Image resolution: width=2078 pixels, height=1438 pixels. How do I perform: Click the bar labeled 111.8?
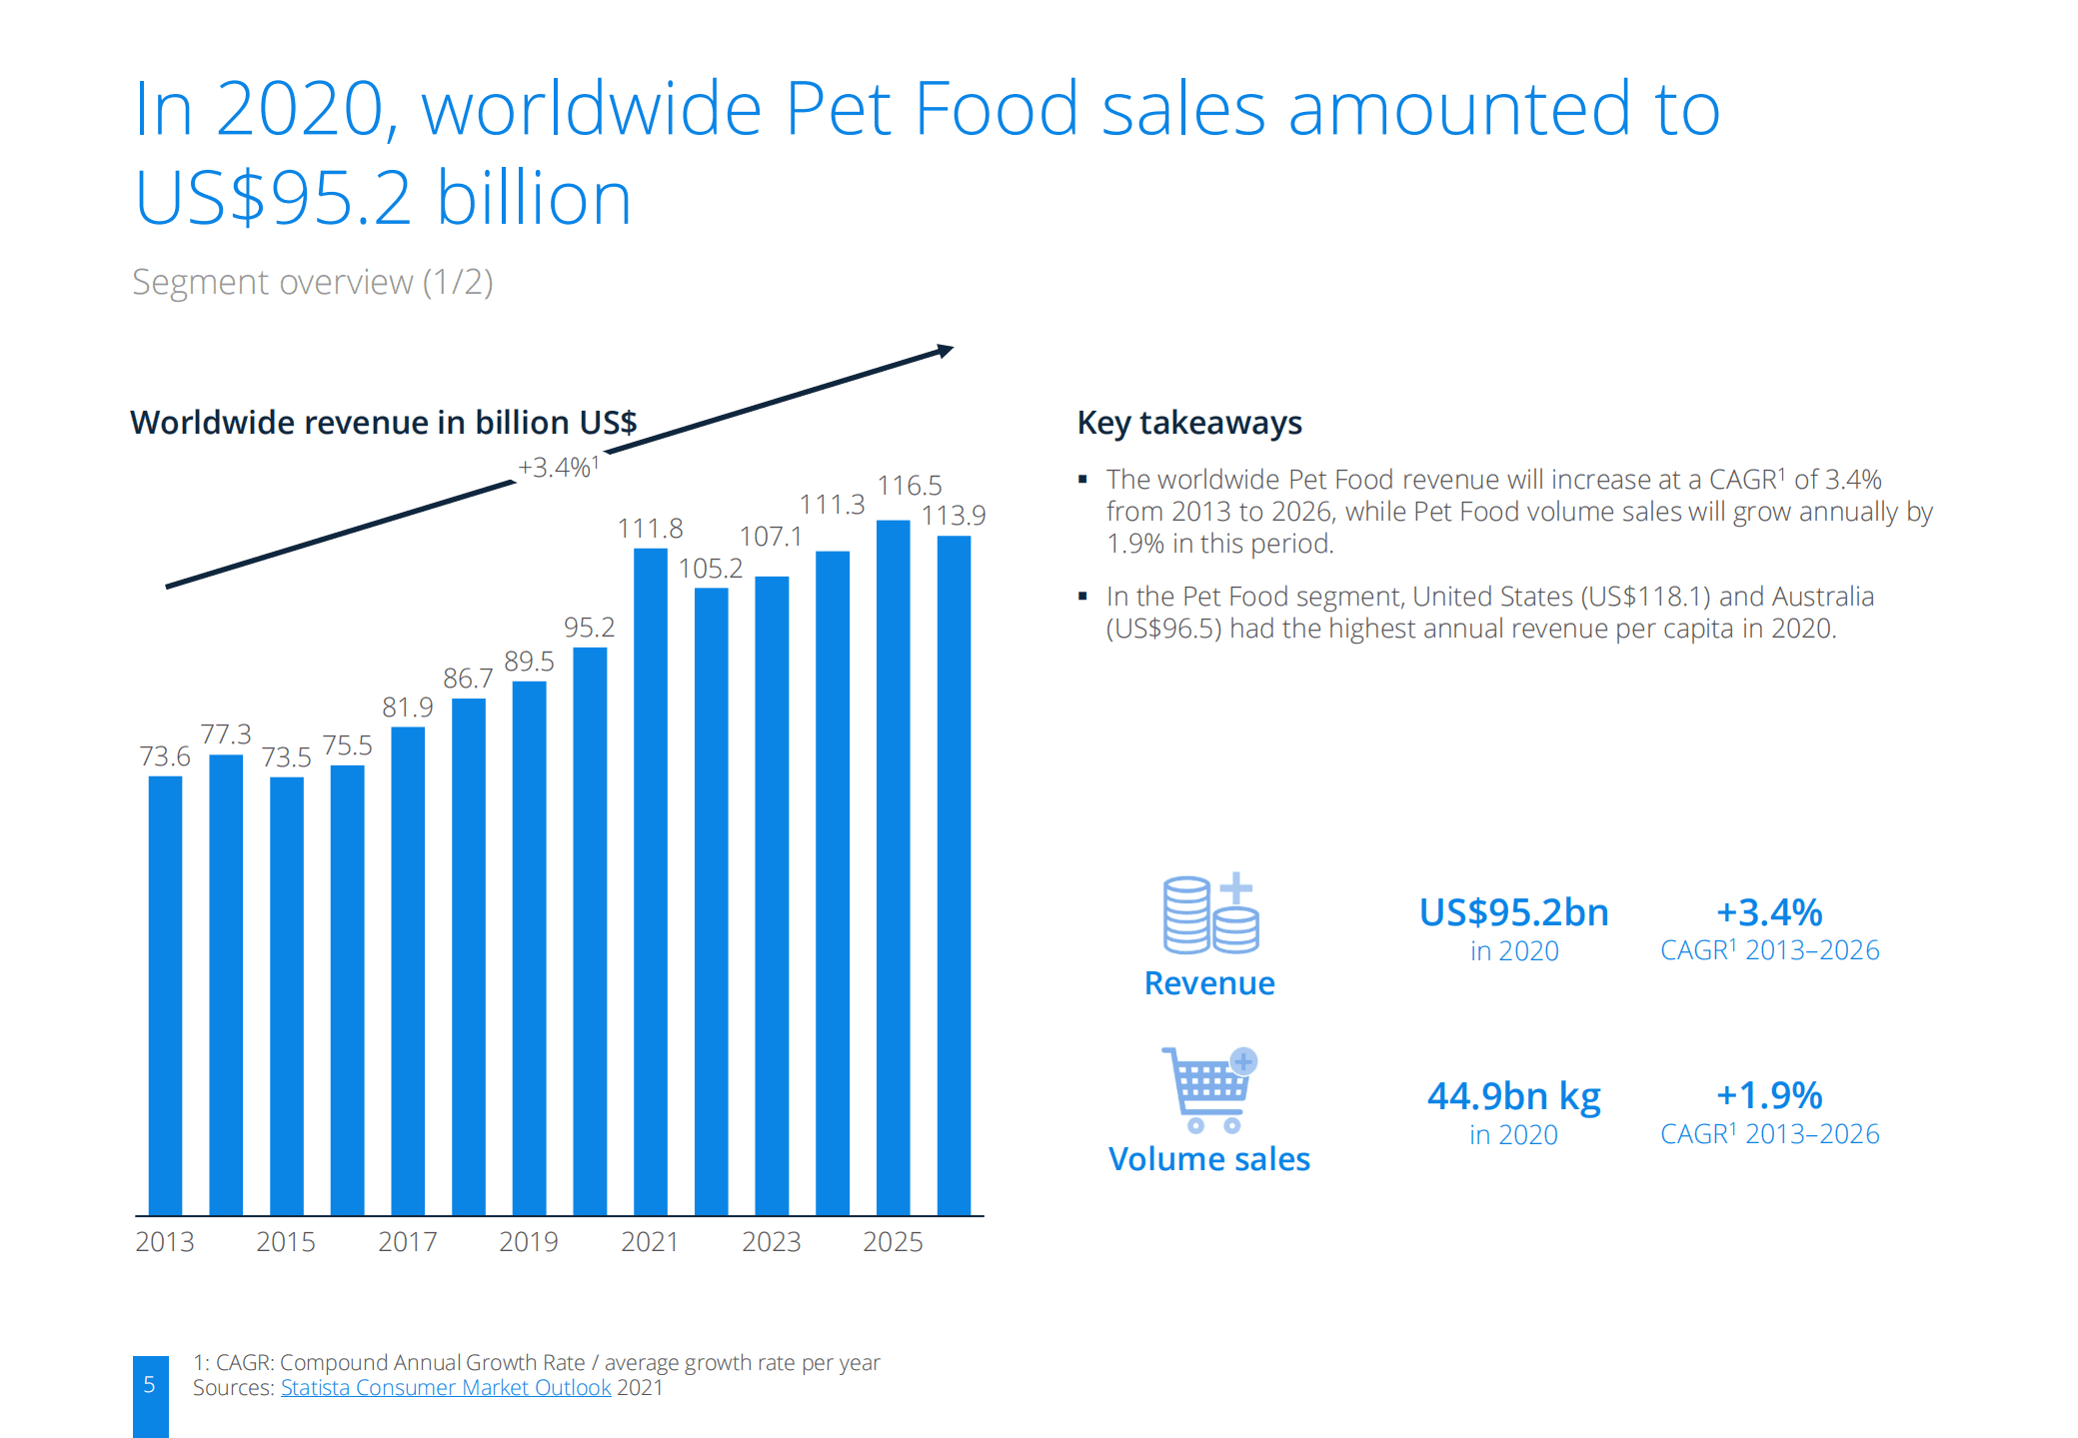coord(650,879)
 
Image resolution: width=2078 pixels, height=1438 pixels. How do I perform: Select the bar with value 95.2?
coord(590,929)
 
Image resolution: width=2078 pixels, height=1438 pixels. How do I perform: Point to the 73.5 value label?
coord(286,757)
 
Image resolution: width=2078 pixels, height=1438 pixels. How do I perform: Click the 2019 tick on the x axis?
coord(528,1241)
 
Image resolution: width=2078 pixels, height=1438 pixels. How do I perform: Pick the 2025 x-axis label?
coord(893,1241)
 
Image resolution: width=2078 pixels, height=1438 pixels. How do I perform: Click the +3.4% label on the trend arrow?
coord(558,467)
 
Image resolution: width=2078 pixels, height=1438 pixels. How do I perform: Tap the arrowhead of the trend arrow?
coord(945,351)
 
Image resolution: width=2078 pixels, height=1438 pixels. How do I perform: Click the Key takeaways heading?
coord(1188,423)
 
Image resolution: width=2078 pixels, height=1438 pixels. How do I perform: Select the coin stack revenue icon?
coord(1210,913)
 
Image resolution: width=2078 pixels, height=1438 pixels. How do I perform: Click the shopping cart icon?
coord(1209,1089)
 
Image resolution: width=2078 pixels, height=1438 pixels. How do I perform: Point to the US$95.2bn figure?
coord(1513,912)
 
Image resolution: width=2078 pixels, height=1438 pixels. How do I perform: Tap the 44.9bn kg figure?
coord(1513,1096)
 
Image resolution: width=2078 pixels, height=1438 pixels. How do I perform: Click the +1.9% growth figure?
coord(1768,1095)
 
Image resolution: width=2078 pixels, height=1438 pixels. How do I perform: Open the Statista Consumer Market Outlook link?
coord(445,1388)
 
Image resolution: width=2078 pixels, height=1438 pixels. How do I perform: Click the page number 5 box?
coord(150,1390)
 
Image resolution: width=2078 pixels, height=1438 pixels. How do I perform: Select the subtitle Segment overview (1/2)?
coord(312,282)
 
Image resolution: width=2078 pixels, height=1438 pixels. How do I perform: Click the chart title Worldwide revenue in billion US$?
coord(383,423)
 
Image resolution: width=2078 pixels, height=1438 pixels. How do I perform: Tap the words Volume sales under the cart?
coord(1208,1159)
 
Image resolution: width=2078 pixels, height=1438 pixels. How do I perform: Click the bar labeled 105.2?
coord(711,899)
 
